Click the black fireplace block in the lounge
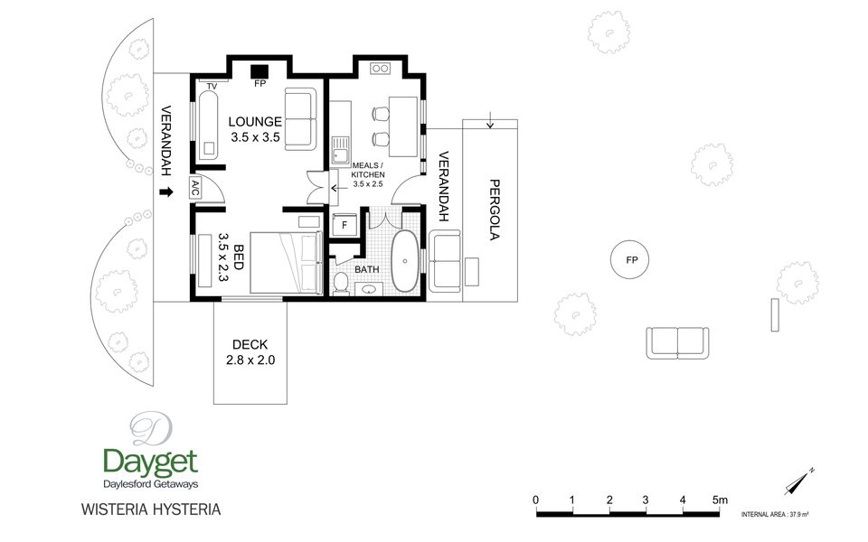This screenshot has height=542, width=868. (x=259, y=71)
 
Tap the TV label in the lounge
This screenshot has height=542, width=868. (x=212, y=87)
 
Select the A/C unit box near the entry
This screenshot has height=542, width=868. (x=195, y=188)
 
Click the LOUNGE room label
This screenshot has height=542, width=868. (x=255, y=122)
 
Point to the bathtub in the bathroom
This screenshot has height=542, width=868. (x=405, y=260)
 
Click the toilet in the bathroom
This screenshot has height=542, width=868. (x=341, y=283)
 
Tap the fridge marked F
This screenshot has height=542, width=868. (x=344, y=225)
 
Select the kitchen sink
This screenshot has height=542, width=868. (x=340, y=150)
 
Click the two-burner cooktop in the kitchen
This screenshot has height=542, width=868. (x=381, y=69)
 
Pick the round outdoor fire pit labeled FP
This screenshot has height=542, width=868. (x=629, y=260)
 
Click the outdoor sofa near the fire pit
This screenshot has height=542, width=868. (x=677, y=343)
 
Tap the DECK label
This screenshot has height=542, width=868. (x=250, y=344)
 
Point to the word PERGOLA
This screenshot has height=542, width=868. (x=495, y=209)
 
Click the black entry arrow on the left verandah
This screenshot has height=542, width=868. (x=166, y=192)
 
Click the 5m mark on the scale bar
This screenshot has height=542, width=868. (x=720, y=500)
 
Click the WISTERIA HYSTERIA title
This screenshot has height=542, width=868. (x=151, y=509)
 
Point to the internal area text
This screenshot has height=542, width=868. (x=775, y=514)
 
